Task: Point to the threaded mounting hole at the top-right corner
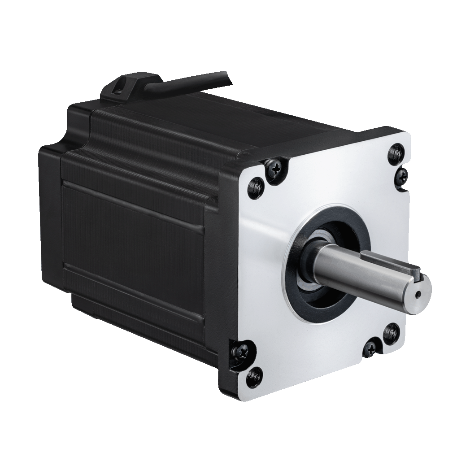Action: pos(396,152)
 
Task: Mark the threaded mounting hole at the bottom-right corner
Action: pos(392,332)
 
